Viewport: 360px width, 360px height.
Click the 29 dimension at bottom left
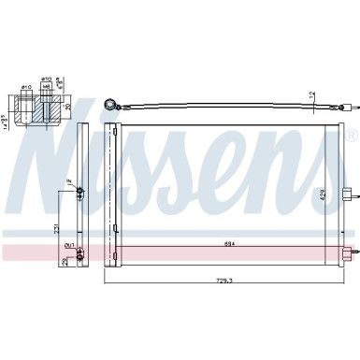(65, 262)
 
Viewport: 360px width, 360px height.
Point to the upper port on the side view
(80, 192)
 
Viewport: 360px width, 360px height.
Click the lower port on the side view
(80, 251)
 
